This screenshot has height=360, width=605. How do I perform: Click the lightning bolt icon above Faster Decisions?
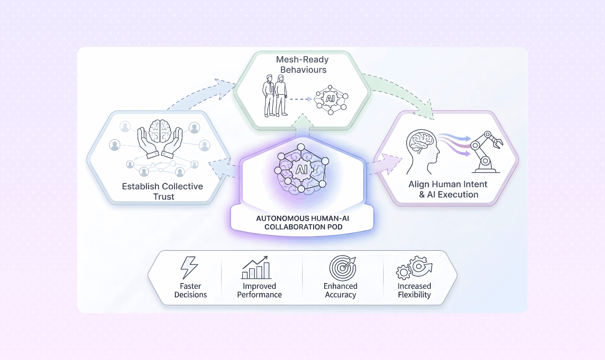pos(189,268)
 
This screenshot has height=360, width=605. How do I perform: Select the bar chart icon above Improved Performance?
pos(256,267)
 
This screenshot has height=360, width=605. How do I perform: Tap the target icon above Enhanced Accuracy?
pos(342,268)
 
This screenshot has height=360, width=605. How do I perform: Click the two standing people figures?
pos(275,96)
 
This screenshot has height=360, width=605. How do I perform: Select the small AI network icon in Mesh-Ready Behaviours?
pos(331,99)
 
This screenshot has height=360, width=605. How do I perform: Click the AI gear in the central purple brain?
pos(301,170)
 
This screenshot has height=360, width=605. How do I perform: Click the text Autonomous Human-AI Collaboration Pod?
pos(302,222)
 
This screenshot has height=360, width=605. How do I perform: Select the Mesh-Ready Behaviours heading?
pos(302,65)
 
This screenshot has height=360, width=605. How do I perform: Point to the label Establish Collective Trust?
pos(163,191)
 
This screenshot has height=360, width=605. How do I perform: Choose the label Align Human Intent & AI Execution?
pos(448,189)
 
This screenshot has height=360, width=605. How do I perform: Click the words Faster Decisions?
pos(190,290)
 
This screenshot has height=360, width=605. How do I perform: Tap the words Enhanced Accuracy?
pos(340,290)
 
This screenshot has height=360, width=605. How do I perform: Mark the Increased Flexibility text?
pos(414,290)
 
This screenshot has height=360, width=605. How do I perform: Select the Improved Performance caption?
pos(259,290)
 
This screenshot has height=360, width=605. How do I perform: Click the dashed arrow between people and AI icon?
pos(301,99)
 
